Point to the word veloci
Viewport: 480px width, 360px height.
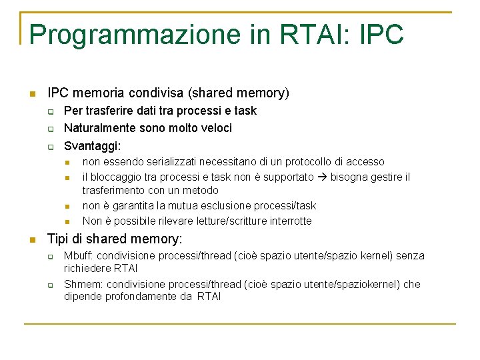click(215, 127)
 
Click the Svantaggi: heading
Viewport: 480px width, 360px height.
click(92, 145)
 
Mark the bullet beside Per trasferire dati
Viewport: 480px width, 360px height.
click(49, 111)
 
